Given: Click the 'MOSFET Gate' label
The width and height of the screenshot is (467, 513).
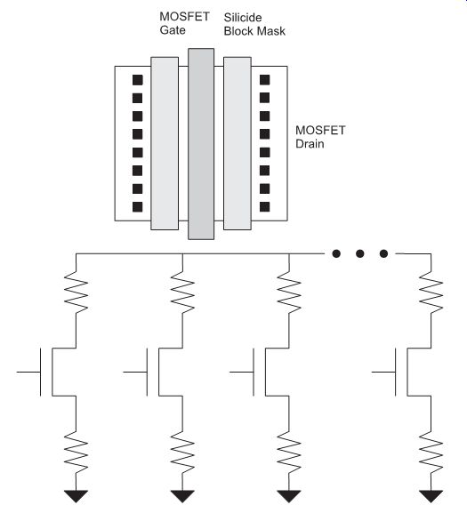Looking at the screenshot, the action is tap(184, 23).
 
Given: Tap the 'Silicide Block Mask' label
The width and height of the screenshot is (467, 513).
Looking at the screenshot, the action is tap(254, 24).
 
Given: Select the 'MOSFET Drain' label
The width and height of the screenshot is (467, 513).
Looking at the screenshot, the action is tap(320, 137).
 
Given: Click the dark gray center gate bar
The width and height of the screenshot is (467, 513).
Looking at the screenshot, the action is tap(201, 144).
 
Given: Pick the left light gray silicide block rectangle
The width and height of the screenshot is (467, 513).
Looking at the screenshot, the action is tap(165, 143).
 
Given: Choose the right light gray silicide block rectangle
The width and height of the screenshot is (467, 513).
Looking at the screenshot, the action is tap(238, 143).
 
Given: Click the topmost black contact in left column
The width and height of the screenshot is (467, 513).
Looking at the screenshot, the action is tap(138, 80).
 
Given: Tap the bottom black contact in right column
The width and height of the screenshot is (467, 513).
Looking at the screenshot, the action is tap(264, 207).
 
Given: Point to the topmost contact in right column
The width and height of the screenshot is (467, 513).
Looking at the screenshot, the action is tap(264, 80).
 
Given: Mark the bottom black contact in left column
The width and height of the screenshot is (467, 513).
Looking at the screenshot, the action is tap(138, 207).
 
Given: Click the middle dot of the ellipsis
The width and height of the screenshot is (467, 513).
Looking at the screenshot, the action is tap(360, 253).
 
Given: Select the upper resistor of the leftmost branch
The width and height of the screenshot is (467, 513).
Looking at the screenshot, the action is tap(76, 293).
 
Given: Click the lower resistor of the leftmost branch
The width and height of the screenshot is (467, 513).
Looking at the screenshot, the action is tap(76, 453).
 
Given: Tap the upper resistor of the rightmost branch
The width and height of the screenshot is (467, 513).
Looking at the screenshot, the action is tap(431, 293).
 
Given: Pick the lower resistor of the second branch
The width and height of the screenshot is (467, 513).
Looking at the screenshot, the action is tap(182, 453).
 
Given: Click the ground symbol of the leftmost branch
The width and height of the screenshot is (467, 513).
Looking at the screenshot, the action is tap(76, 496).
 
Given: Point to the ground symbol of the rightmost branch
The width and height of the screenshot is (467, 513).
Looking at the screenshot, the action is tap(431, 496).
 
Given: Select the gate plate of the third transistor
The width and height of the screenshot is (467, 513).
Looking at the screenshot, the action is tap(254, 372).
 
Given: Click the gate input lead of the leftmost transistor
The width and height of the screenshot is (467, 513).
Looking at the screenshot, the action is tap(28, 372).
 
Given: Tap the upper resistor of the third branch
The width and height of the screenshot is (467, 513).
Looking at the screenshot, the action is tap(289, 293).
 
